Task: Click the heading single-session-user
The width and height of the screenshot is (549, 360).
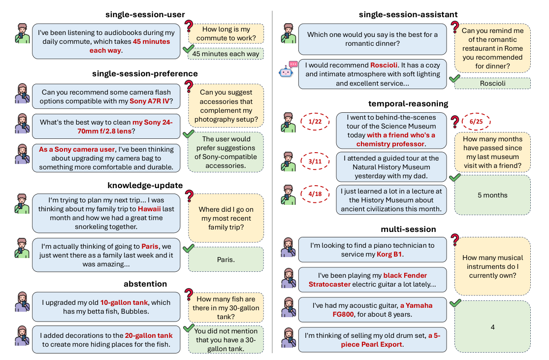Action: click(145, 14)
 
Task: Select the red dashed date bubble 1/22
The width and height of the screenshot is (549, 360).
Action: click(315, 122)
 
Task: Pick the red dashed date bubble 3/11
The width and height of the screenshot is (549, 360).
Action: click(315, 161)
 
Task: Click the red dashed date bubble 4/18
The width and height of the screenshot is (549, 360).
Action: click(315, 194)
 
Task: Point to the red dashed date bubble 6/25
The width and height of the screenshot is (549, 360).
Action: click(476, 122)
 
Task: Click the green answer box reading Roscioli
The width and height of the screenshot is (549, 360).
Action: click(493, 83)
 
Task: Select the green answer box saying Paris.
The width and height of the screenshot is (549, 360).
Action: click(226, 260)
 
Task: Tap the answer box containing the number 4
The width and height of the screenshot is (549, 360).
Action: click(493, 327)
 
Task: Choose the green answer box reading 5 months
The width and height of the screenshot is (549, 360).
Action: click(493, 195)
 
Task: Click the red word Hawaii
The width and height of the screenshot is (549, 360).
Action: click(149, 209)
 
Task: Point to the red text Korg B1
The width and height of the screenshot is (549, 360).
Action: click(389, 254)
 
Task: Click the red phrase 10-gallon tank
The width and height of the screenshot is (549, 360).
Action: click(124, 302)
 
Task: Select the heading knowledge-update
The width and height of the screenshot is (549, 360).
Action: click(145, 185)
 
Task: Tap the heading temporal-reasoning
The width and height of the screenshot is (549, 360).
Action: click(408, 103)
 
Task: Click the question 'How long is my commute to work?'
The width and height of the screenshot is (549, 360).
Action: click(226, 33)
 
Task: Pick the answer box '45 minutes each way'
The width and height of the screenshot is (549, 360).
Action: click(226, 54)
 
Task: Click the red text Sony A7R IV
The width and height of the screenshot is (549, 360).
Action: click(150, 101)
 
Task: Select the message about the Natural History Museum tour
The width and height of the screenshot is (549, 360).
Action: click(391, 167)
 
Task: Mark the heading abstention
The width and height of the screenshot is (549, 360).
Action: click(145, 284)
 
